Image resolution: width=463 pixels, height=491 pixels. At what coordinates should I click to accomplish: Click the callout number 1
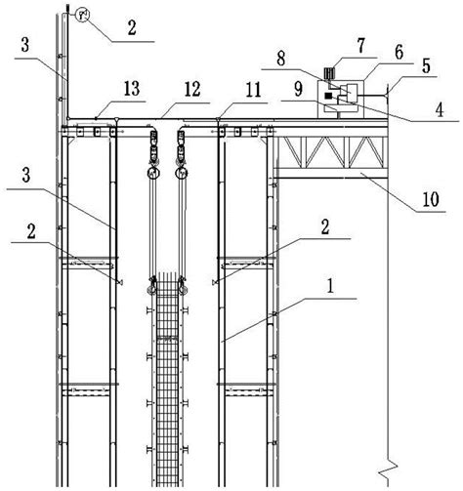(330, 287)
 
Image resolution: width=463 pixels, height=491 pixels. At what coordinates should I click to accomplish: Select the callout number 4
(440, 109)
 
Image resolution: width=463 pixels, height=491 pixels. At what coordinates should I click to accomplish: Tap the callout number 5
(426, 65)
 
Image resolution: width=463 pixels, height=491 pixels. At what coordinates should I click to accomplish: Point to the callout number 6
(400, 53)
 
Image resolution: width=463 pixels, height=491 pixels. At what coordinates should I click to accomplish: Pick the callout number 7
(360, 46)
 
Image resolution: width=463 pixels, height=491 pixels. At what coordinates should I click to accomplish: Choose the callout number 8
(280, 59)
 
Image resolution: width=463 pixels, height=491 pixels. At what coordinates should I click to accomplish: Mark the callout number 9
(298, 89)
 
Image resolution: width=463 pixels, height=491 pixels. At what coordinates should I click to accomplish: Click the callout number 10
(431, 198)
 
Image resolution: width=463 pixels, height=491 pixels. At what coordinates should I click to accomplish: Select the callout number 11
(253, 90)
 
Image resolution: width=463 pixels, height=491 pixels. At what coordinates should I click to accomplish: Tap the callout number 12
(192, 89)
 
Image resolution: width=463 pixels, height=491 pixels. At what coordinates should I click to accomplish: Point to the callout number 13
(132, 88)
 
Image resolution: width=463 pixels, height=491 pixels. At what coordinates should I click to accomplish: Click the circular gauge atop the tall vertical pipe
(82, 15)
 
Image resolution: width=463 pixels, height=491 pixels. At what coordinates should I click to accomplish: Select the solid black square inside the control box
(328, 96)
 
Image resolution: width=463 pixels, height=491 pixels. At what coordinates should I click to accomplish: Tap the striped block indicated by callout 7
(329, 73)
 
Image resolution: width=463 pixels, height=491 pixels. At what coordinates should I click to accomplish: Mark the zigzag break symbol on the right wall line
(388, 470)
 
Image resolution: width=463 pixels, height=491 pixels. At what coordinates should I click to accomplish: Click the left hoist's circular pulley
(153, 173)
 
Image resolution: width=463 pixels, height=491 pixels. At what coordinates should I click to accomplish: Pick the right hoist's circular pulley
(182, 173)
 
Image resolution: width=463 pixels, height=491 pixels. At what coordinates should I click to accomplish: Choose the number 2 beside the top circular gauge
(132, 28)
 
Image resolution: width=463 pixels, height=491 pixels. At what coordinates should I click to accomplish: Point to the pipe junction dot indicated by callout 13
(96, 118)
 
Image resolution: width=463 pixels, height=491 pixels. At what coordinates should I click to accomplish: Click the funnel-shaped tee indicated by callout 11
(218, 120)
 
